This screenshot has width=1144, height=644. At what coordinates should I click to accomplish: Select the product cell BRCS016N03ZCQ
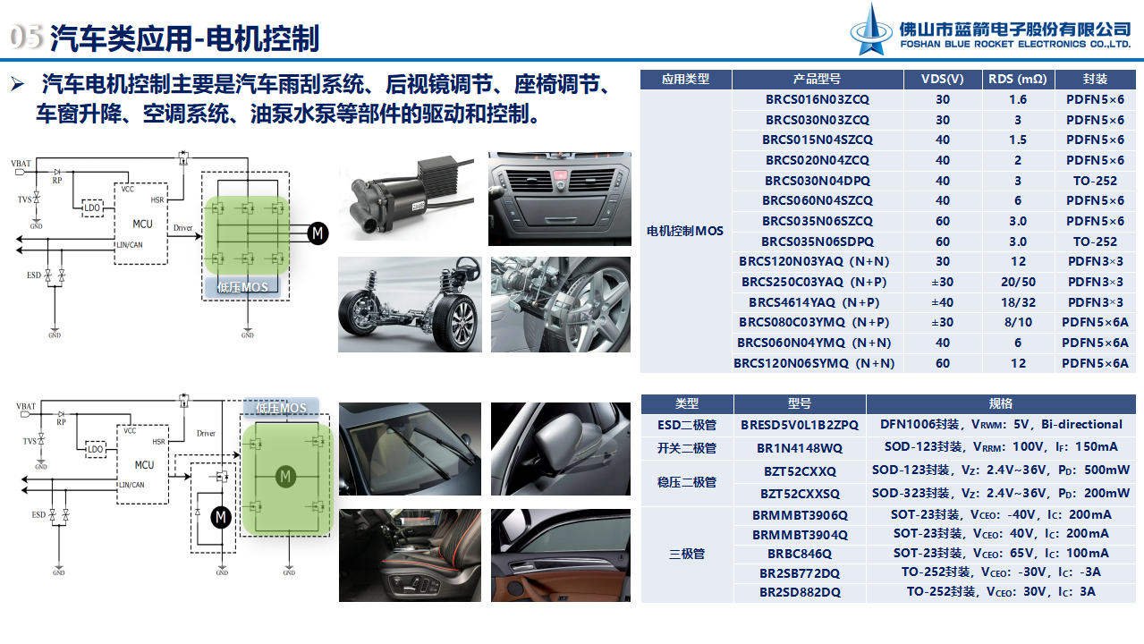coord(817,99)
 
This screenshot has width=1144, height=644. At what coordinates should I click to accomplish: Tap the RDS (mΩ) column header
coord(1017,79)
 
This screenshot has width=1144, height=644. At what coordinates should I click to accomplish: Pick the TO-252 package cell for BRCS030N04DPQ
coord(1095,181)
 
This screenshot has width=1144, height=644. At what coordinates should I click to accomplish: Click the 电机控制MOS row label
coord(685,231)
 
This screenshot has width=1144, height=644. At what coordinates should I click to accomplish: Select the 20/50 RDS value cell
coord(1018,282)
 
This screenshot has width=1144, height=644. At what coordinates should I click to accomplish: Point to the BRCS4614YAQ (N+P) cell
coord(817,302)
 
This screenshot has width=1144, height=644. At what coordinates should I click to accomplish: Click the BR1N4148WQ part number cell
coord(799,447)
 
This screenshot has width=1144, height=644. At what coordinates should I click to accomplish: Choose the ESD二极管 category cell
coord(686,425)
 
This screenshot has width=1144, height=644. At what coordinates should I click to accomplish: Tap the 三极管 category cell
coord(686,554)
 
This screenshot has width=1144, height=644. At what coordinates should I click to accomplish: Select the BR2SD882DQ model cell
coord(799,592)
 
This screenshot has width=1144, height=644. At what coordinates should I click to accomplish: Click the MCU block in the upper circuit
coord(142,224)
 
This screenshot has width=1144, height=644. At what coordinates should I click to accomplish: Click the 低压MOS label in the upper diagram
coord(242,287)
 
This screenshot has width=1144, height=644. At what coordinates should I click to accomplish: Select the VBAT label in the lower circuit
coord(25,408)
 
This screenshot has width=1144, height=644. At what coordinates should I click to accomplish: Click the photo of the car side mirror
coord(561,447)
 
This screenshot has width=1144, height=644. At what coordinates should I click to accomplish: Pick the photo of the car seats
coord(410,555)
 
